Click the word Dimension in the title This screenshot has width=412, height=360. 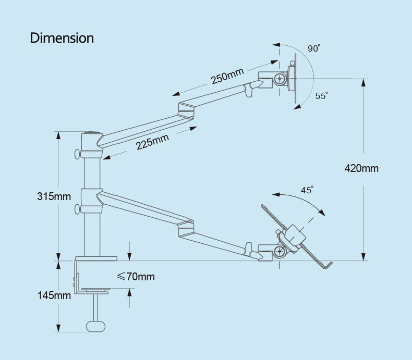click(x=62, y=38)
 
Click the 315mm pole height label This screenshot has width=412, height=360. click(x=54, y=196)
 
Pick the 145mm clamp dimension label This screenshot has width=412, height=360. click(x=54, y=295)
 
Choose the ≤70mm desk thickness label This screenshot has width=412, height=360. click(x=136, y=277)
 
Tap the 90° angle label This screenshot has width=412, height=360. click(x=313, y=48)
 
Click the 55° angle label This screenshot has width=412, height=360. click(x=321, y=96)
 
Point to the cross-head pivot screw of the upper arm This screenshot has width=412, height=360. click(x=281, y=79)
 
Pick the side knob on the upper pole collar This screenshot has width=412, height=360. click(x=78, y=154)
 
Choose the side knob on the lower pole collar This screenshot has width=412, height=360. click(x=78, y=209)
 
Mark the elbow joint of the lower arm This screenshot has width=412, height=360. click(x=186, y=229)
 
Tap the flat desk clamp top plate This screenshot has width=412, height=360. click(x=96, y=258)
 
